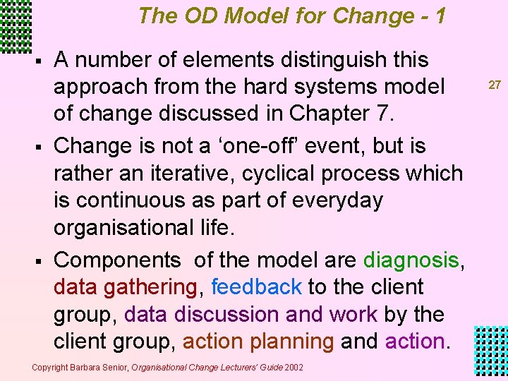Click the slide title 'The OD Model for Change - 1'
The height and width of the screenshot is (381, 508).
tap(292, 16)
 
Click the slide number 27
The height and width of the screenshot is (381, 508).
tap(495, 85)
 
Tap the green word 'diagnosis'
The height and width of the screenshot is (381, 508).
tap(411, 260)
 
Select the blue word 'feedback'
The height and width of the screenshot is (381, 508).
tap(256, 287)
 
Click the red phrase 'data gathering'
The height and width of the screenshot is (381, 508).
tap(125, 287)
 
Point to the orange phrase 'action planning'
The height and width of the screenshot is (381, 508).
tap(258, 341)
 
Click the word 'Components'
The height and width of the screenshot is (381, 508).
tap(117, 260)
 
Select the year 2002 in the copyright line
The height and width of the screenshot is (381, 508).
tap(294, 367)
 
